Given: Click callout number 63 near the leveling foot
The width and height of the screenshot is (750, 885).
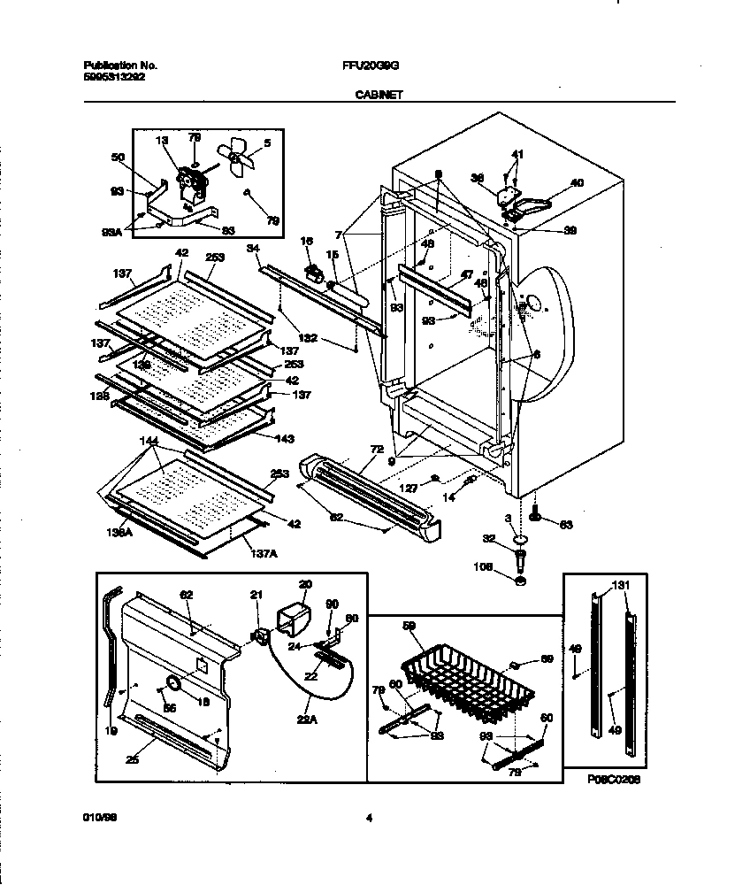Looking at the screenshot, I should coord(566,525).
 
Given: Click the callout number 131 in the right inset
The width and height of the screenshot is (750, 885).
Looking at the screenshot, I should coord(622,586).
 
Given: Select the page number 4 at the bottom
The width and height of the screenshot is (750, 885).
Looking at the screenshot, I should coord(369,819).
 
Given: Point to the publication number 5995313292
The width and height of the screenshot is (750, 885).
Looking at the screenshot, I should coord(114,76).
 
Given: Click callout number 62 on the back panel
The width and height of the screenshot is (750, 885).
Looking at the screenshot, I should coord(186,596).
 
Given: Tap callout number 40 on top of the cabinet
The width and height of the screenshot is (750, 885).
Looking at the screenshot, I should coord(576,184).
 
